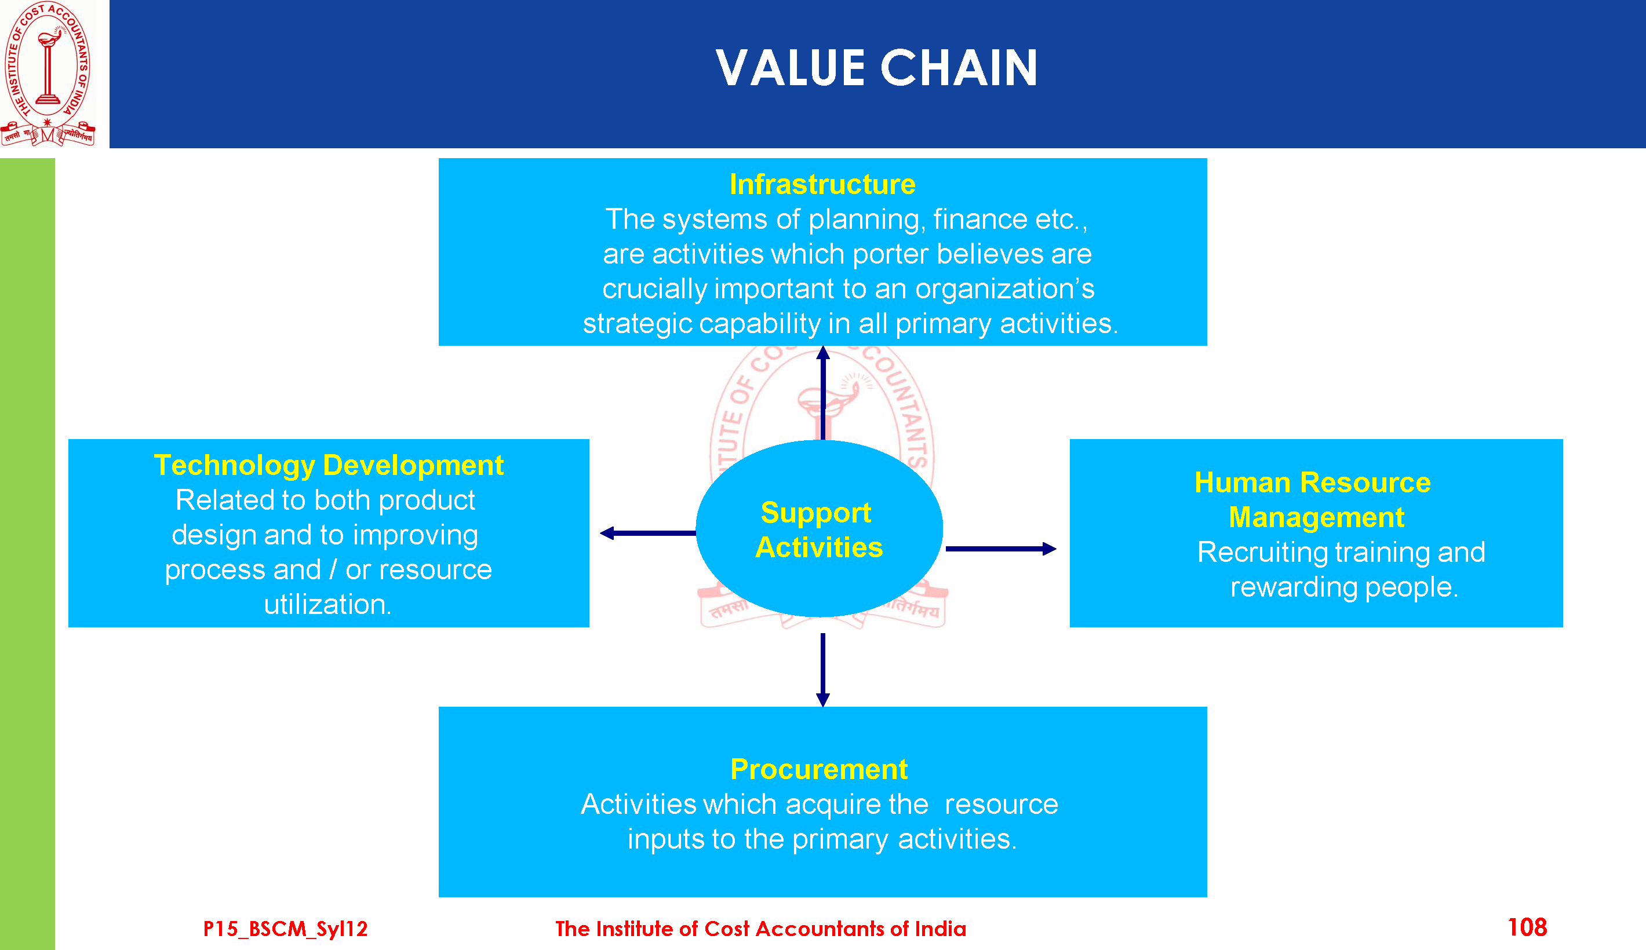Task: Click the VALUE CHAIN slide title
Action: click(x=876, y=68)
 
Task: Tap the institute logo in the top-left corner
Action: click(x=48, y=73)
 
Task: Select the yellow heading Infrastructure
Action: click(x=822, y=184)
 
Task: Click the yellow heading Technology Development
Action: click(x=328, y=465)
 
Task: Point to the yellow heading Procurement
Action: click(x=818, y=769)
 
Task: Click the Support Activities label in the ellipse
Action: click(x=818, y=530)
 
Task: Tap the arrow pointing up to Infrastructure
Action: click(x=823, y=392)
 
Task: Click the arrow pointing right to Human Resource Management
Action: click(x=1000, y=549)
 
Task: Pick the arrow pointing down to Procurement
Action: click(x=823, y=669)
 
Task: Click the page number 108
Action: click(x=1527, y=927)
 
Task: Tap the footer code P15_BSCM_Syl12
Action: click(x=285, y=929)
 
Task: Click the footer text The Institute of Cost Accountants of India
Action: click(x=760, y=929)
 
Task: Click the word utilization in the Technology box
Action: click(x=327, y=605)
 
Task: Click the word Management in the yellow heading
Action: click(x=1316, y=517)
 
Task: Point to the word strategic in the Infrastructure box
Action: click(x=636, y=324)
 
